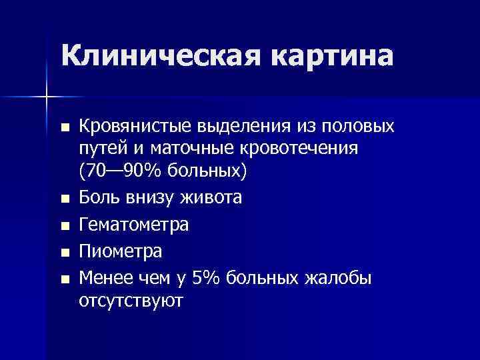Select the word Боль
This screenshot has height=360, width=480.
[98, 198]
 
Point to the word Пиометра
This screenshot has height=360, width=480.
[121, 253]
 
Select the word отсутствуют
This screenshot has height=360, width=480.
[131, 301]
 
